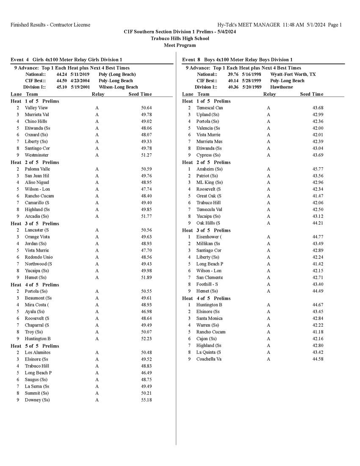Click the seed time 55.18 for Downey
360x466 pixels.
coord(146,400)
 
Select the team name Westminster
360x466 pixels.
coord(36,155)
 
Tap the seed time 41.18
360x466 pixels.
coord(318,332)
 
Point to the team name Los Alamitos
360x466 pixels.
coord(37,352)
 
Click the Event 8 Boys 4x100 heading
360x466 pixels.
coord(237,60)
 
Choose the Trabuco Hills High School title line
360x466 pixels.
coord(180,39)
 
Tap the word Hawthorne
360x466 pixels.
coord(281,87)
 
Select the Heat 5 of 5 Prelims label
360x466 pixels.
coord(35,346)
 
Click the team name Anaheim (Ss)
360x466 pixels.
coord(209,169)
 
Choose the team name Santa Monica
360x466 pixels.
coord(209,318)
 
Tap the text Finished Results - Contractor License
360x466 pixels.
coord(50,25)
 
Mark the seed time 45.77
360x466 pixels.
coord(318,169)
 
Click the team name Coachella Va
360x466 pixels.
coord(209,359)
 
